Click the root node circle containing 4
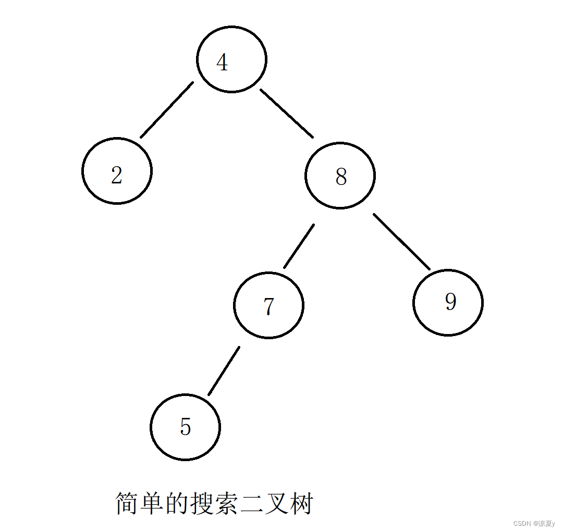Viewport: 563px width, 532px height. [x=232, y=59]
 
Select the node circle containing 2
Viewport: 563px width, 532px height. [x=117, y=171]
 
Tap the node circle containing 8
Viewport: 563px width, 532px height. [x=340, y=176]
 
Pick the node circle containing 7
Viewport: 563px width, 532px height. [x=268, y=305]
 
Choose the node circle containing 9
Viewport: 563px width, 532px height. [x=448, y=303]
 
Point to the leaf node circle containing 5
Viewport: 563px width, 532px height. [x=185, y=427]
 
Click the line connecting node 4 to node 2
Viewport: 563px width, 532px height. [x=167, y=109]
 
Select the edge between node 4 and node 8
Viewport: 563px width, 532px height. [x=287, y=113]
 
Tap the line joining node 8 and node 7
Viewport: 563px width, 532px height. [x=299, y=246]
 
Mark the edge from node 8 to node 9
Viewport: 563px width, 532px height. [x=401, y=241]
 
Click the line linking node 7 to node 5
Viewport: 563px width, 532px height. [x=224, y=370]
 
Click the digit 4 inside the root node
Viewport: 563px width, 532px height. [x=222, y=63]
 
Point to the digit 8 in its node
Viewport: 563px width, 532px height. [x=341, y=177]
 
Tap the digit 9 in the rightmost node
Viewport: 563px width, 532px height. [x=451, y=301]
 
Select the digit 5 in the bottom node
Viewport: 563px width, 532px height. [x=186, y=427]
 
